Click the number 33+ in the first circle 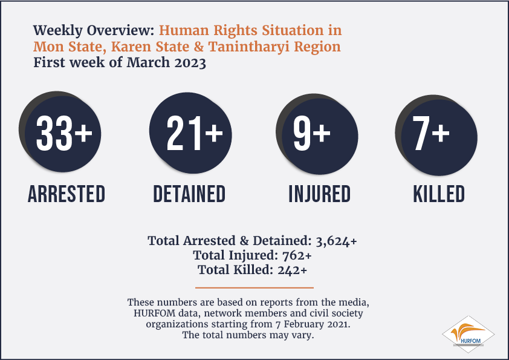click(x=64, y=133)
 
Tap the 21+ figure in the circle click(x=195, y=133)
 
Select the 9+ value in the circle click(x=312, y=133)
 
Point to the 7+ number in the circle click(x=431, y=133)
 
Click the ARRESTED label click(x=66, y=194)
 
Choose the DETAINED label click(x=189, y=194)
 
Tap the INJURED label click(x=320, y=194)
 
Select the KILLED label click(x=439, y=194)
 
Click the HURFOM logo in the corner click(x=468, y=335)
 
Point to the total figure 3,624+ click(x=336, y=241)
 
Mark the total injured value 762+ click(x=297, y=256)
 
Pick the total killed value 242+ click(x=292, y=270)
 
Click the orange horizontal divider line click(x=254, y=287)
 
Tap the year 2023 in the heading click(x=190, y=63)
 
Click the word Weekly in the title click(x=58, y=31)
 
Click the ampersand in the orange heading click(x=199, y=47)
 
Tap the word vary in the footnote click(x=304, y=335)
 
